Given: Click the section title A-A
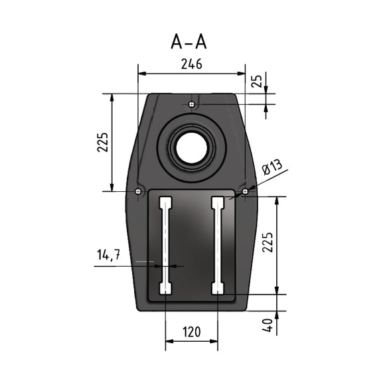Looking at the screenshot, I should click(x=189, y=42).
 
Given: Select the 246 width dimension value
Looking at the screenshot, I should click(x=191, y=64).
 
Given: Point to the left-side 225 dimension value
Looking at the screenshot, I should click(x=102, y=142).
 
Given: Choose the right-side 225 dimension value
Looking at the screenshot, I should click(x=267, y=245).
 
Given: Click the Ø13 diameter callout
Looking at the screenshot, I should click(x=272, y=168).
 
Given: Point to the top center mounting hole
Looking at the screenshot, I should click(x=191, y=104).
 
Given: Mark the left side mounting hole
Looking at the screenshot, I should click(x=137, y=192).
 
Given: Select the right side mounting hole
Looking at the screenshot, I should click(x=245, y=192).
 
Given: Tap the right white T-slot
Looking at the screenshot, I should click(x=217, y=246).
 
